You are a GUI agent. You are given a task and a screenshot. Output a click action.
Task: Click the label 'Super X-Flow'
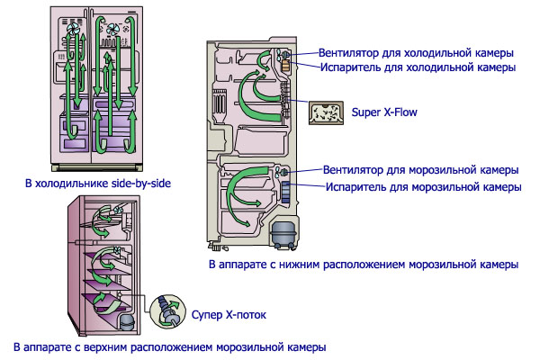391,112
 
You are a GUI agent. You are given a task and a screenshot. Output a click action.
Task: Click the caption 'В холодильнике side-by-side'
98,184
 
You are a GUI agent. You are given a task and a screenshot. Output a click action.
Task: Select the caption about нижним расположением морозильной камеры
363,265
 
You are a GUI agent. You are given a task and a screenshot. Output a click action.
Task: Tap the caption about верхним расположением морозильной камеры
169,346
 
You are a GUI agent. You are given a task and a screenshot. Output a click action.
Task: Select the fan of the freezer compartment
282,171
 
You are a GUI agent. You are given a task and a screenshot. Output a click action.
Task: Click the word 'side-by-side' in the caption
140,184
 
